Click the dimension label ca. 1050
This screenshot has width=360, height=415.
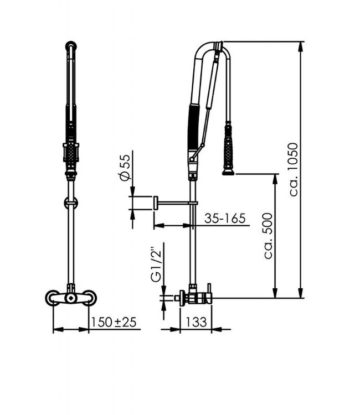[x=294, y=169]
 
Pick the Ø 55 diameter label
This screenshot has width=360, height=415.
[x=125, y=167]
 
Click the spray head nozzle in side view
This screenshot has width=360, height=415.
[x=228, y=172]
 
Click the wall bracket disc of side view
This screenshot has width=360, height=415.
[x=156, y=203]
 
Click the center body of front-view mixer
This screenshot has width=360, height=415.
[x=70, y=298]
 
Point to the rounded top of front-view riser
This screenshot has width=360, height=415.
[x=70, y=46]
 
